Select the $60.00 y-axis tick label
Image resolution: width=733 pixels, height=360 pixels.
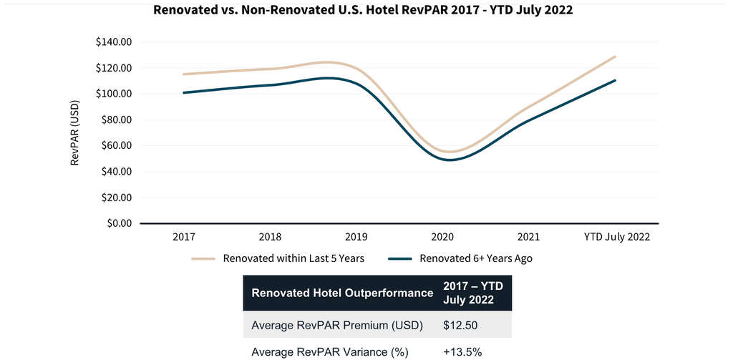(x=115, y=146)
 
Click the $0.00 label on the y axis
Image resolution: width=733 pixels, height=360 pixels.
(x=118, y=223)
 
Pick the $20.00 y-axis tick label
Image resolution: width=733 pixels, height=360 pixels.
(x=115, y=198)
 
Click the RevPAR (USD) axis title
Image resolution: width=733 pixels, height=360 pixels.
(x=74, y=133)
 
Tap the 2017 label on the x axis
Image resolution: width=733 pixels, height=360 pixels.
(x=184, y=237)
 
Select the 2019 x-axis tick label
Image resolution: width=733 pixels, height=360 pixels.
(x=356, y=237)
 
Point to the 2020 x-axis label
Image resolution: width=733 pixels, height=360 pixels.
(x=443, y=237)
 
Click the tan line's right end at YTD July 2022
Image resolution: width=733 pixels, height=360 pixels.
(x=615, y=57)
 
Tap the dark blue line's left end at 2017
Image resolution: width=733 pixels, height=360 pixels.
(x=184, y=92)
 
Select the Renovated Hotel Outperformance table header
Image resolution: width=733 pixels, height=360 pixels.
(x=342, y=293)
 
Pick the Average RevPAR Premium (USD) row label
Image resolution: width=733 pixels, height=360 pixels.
(x=337, y=326)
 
